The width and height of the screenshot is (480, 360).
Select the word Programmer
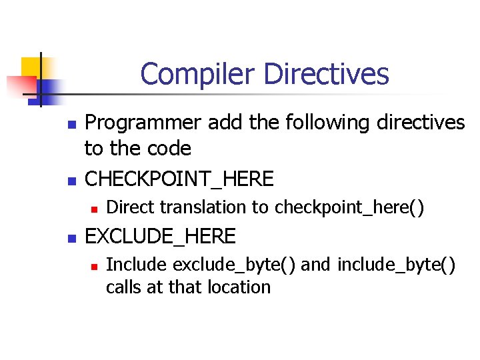(143, 123)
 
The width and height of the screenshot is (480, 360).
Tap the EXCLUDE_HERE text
(161, 236)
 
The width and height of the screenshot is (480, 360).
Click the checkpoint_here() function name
(349, 207)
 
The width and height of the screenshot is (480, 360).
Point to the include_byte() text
(397, 265)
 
